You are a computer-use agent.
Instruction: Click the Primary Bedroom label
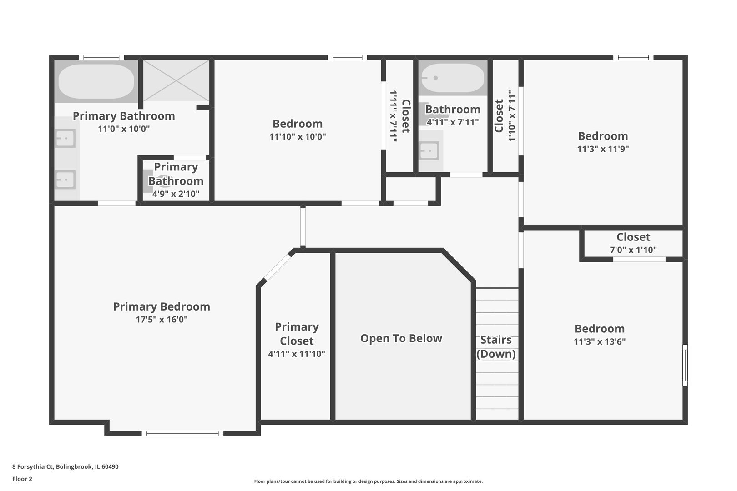tap(162, 306)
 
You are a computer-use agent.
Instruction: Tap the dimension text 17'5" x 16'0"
tap(162, 320)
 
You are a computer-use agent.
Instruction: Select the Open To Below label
tap(401, 338)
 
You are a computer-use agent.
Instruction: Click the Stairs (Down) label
tap(496, 347)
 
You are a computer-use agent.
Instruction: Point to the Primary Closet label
tap(297, 334)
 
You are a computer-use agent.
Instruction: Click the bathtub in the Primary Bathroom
tap(96, 81)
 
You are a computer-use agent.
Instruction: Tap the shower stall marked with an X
tap(177, 80)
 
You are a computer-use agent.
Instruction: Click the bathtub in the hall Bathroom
tap(452, 78)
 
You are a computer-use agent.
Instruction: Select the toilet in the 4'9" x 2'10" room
tap(160, 181)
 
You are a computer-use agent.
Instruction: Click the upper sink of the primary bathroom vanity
tap(65, 138)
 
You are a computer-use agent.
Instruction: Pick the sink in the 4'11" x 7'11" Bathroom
tap(429, 150)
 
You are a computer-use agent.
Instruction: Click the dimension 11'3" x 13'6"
tap(600, 341)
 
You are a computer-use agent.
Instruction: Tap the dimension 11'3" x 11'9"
tap(603, 149)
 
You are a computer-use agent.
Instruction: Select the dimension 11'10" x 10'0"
tap(298, 136)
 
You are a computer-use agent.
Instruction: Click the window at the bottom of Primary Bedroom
tap(182, 433)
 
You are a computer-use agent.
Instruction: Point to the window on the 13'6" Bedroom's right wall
tap(685, 365)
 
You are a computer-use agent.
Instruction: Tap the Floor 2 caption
tap(22, 479)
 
